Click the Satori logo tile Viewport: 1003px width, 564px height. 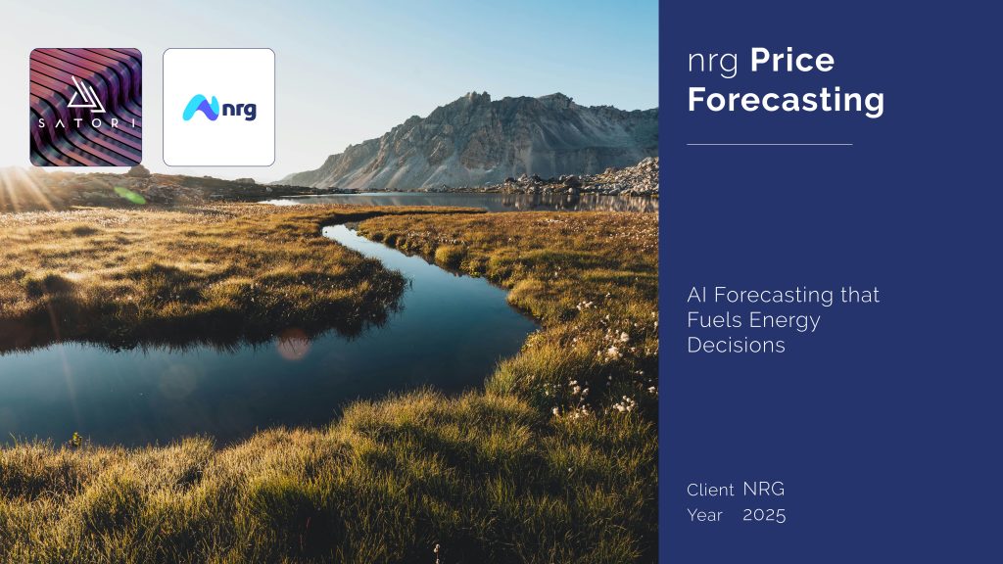coord(86,108)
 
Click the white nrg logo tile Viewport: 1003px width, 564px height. coord(218,108)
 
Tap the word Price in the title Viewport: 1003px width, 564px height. coord(791,60)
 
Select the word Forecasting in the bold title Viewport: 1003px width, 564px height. coord(786,101)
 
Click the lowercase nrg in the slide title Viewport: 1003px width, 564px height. coord(713,63)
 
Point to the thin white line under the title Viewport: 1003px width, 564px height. coord(770,145)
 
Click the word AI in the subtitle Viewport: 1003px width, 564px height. coord(697,295)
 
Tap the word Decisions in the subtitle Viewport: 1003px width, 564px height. coord(736,346)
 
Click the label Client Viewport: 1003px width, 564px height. coord(710,490)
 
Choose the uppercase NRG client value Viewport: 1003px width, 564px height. coord(764,490)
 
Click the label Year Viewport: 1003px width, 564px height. coord(704,515)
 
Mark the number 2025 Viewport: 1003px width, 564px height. coord(764,515)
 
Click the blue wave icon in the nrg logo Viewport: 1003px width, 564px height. coord(201,108)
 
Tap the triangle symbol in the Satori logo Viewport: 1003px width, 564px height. coord(86,95)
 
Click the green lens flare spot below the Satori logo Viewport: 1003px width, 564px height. coord(130,195)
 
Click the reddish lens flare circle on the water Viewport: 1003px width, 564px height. coord(294,344)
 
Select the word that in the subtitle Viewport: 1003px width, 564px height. coord(860,295)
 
